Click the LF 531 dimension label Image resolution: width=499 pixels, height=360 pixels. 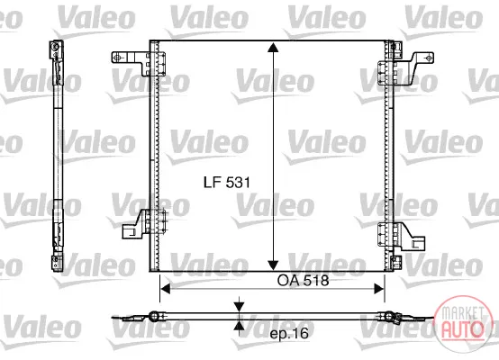tap(227, 183)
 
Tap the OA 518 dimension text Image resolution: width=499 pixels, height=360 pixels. tap(303, 281)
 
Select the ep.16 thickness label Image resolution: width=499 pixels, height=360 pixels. tap(289, 333)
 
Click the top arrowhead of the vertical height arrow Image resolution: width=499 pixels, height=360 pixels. tap(273, 47)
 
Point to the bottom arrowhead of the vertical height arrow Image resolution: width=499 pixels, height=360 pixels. tap(273, 265)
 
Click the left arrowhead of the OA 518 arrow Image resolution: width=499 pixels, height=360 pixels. tap(166, 289)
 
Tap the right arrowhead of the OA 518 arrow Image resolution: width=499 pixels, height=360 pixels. tap(379, 289)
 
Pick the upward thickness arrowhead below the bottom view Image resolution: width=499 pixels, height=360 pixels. tap(239, 325)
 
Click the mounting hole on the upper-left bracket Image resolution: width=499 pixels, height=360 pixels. tap(117, 58)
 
